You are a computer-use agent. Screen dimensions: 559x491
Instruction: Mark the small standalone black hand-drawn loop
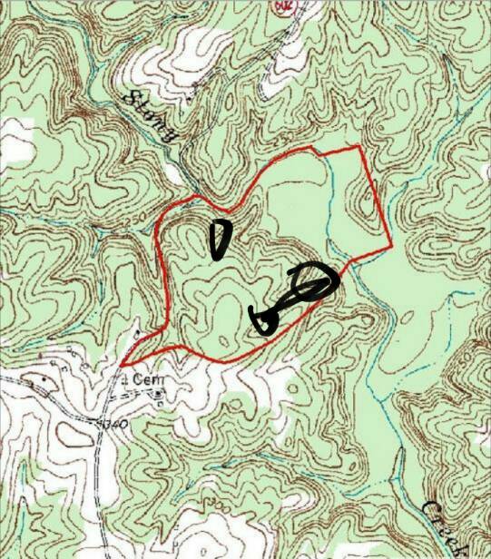(x=220, y=239)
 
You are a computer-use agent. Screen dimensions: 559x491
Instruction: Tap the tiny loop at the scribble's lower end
(x=265, y=320)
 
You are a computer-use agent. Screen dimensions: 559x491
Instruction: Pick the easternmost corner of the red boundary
(x=390, y=245)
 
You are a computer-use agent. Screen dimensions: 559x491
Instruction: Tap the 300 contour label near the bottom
(x=211, y=503)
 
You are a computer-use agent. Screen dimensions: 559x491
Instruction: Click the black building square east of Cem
(x=160, y=393)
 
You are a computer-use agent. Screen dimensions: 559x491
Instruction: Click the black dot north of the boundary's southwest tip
(x=137, y=336)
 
